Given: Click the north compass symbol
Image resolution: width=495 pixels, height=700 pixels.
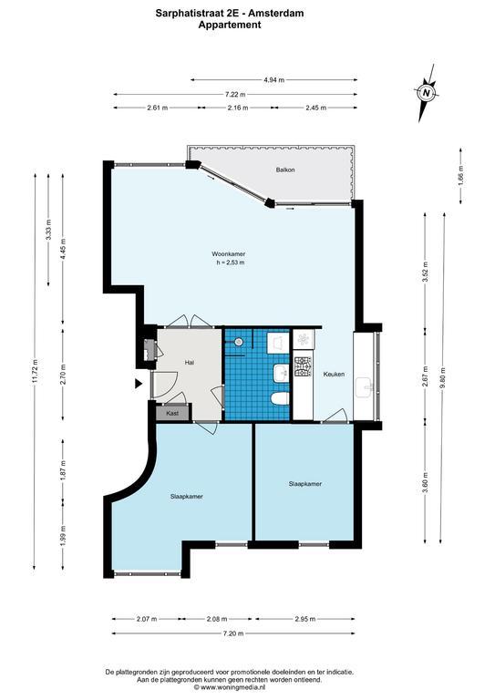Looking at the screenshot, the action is [x=428, y=93].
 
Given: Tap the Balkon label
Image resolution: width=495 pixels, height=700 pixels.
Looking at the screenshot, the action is [x=285, y=170].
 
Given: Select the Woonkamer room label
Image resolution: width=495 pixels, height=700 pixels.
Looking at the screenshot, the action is [x=229, y=253].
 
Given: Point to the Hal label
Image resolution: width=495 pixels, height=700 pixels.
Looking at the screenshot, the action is [x=190, y=363].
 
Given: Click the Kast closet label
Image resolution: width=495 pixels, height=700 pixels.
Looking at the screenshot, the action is [x=172, y=413].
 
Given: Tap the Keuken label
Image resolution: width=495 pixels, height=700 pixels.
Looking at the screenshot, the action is [x=334, y=374].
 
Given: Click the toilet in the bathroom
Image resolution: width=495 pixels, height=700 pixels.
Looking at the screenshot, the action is [x=280, y=398].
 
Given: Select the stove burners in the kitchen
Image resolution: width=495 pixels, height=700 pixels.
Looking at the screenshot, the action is [x=304, y=367].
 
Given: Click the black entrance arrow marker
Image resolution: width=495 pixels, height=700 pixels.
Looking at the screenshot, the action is [x=139, y=383].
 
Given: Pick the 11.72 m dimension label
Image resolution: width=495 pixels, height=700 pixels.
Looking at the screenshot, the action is [x=36, y=372].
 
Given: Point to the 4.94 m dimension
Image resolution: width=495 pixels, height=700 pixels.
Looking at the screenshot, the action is [x=273, y=80].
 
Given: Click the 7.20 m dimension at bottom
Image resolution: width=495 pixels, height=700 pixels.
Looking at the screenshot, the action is [x=233, y=633].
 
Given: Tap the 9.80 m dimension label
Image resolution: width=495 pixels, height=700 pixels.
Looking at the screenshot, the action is [x=442, y=377].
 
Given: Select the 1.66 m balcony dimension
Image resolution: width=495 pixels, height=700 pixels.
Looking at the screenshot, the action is [x=461, y=175].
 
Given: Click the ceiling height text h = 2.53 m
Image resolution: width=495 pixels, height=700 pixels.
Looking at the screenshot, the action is [x=231, y=262].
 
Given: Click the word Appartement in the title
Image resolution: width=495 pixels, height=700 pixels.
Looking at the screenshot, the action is [x=230, y=25].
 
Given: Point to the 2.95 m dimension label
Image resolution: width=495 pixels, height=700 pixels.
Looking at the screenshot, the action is [x=304, y=619].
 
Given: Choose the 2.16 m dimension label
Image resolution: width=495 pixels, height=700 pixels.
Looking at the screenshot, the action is [x=237, y=108].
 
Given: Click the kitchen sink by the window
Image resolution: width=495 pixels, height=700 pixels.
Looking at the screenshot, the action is [x=366, y=387].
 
